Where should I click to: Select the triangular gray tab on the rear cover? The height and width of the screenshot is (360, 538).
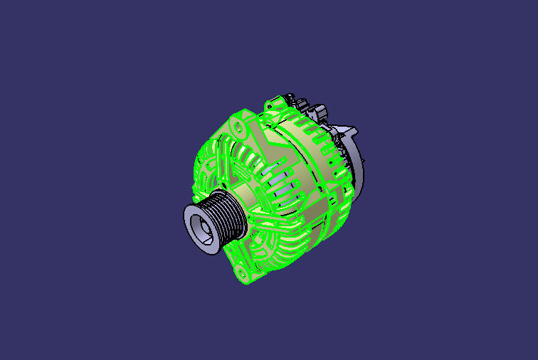pyautogui.click(x=349, y=132)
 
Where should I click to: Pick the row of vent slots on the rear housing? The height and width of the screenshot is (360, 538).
pyautogui.click(x=313, y=139)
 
